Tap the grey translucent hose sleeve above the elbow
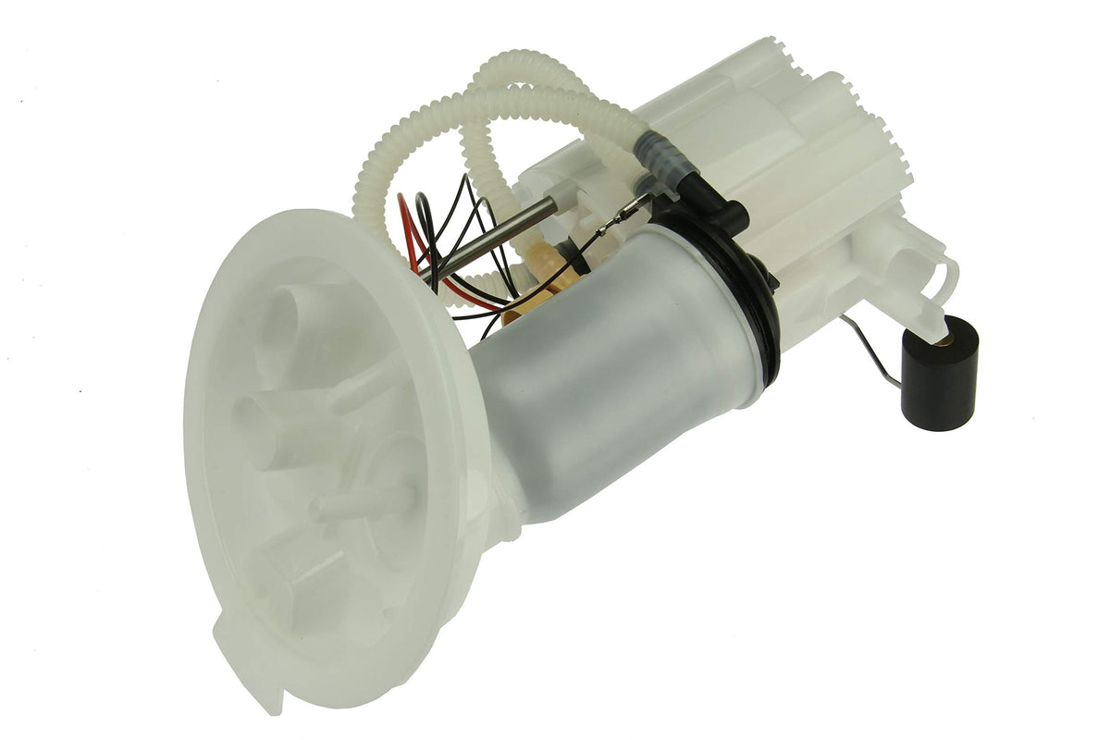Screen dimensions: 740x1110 coord(661,156)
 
